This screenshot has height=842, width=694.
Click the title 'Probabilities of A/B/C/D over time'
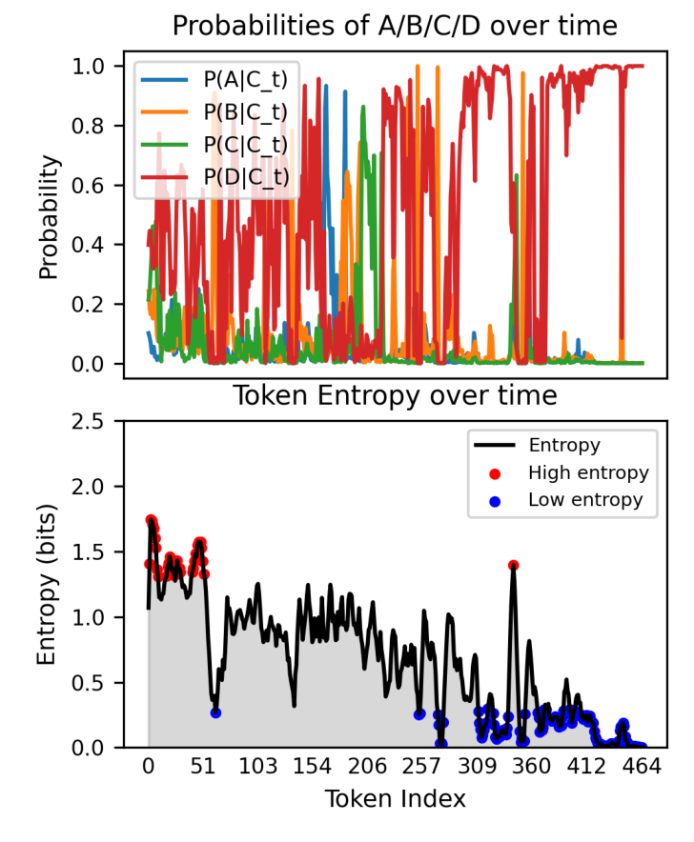coord(395,26)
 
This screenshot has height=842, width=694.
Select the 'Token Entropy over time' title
coord(395,394)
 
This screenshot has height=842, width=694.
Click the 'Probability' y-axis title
coord(49,216)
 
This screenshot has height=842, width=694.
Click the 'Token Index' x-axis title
coord(395,798)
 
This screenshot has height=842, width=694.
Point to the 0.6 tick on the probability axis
coord(95,186)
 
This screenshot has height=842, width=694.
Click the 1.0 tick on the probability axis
coord(95,66)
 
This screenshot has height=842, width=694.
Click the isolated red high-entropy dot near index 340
coord(513,565)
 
